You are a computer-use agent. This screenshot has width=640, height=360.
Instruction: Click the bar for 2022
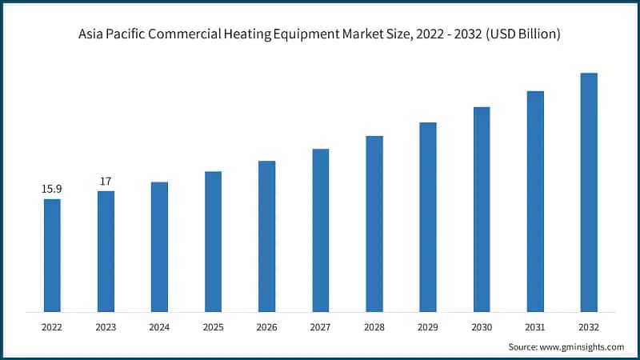pos(52,255)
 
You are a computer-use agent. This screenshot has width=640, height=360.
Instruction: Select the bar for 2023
pos(106,251)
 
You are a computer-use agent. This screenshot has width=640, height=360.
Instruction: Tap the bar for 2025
pos(213,242)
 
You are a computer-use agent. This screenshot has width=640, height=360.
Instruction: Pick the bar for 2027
pos(320,230)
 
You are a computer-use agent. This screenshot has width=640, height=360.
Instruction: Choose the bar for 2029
pos(428,217)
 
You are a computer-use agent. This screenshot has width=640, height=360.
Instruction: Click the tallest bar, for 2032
pos(589,192)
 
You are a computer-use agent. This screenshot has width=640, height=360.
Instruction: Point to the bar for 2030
pos(482,209)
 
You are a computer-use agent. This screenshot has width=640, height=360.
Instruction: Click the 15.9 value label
pos(52,189)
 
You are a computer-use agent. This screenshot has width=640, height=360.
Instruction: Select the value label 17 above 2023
pos(106,181)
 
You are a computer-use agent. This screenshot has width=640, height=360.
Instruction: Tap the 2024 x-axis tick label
pos(159,327)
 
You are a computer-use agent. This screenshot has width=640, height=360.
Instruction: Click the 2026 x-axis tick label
pos(266,327)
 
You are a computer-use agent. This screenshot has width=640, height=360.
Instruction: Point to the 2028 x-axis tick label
pos(374,327)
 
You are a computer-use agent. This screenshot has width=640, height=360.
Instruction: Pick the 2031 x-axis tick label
pos(535,327)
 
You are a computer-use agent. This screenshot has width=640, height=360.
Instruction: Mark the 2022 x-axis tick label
pos(52,327)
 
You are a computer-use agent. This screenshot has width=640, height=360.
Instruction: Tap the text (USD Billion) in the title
pos(524,34)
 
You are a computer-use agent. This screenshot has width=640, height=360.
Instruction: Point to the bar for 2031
pos(535,201)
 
